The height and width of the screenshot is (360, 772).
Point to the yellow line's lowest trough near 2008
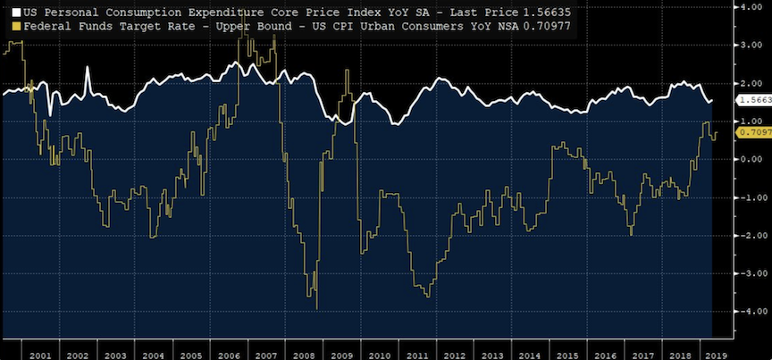click(317, 307)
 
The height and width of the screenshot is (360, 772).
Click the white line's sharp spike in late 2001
click(88, 68)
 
